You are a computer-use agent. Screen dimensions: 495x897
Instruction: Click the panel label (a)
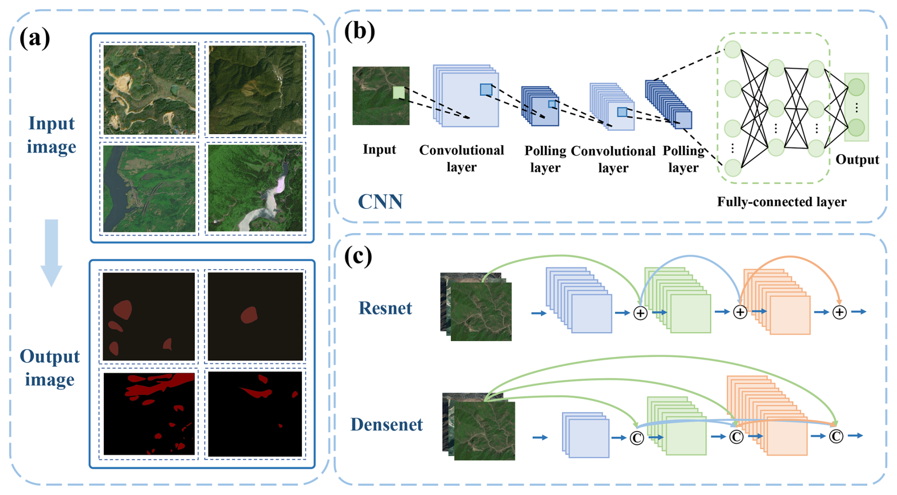click(x=35, y=38)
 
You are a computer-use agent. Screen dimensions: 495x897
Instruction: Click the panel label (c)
click(x=358, y=256)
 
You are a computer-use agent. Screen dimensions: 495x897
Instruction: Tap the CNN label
click(x=380, y=202)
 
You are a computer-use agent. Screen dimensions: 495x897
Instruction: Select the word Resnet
click(x=385, y=308)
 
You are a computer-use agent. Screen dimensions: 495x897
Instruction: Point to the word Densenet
click(x=386, y=424)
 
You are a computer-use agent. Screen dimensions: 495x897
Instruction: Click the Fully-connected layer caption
click(x=781, y=202)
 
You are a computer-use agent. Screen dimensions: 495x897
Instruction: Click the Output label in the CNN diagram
click(x=857, y=159)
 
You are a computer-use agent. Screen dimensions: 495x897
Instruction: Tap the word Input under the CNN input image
click(x=379, y=149)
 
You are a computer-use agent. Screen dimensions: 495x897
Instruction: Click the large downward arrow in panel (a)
click(x=51, y=252)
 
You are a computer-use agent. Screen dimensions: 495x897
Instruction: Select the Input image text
click(x=51, y=135)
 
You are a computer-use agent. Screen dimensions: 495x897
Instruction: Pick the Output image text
click(x=50, y=368)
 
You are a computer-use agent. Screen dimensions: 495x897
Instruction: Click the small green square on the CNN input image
click(x=399, y=93)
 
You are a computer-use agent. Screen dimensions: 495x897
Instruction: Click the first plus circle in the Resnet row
click(x=640, y=313)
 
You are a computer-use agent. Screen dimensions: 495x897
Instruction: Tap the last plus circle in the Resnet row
click(x=840, y=312)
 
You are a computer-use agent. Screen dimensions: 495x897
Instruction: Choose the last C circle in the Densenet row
click(x=836, y=436)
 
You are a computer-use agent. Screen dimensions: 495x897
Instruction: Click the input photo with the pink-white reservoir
click(x=256, y=188)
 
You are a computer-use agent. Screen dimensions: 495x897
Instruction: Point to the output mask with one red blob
click(x=256, y=317)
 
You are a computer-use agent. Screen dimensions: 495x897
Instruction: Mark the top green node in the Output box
click(x=856, y=87)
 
